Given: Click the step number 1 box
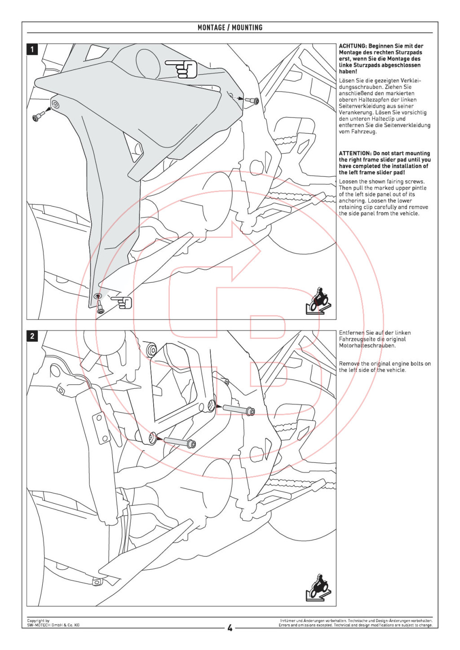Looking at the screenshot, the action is pyautogui.click(x=32, y=49).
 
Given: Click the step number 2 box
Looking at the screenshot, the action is pyautogui.click(x=32, y=336).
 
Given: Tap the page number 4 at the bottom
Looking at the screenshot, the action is pyautogui.click(x=230, y=628).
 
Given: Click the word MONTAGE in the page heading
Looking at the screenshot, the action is pyautogui.click(x=211, y=27).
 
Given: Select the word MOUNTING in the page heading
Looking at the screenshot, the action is pyautogui.click(x=247, y=27).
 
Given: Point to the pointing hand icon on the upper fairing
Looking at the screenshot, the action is pyautogui.click(x=181, y=69).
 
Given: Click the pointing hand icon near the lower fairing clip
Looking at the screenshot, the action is pyautogui.click(x=122, y=303).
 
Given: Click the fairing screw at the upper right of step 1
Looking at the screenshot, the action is pyautogui.click(x=252, y=101).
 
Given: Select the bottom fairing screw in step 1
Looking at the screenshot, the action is pyautogui.click(x=100, y=307).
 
